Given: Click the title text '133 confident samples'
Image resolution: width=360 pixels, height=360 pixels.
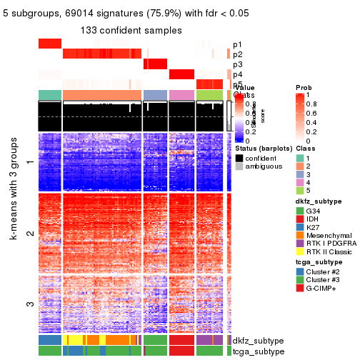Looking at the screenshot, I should coord(131,30).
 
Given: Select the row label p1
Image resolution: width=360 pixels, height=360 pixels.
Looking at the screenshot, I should coord(237,44).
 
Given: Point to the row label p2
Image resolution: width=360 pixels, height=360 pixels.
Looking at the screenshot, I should coord(237,54).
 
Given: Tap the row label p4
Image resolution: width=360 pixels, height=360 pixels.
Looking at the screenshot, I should coord(237,74).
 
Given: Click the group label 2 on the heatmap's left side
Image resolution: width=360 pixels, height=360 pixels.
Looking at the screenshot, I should coord(29,234).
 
